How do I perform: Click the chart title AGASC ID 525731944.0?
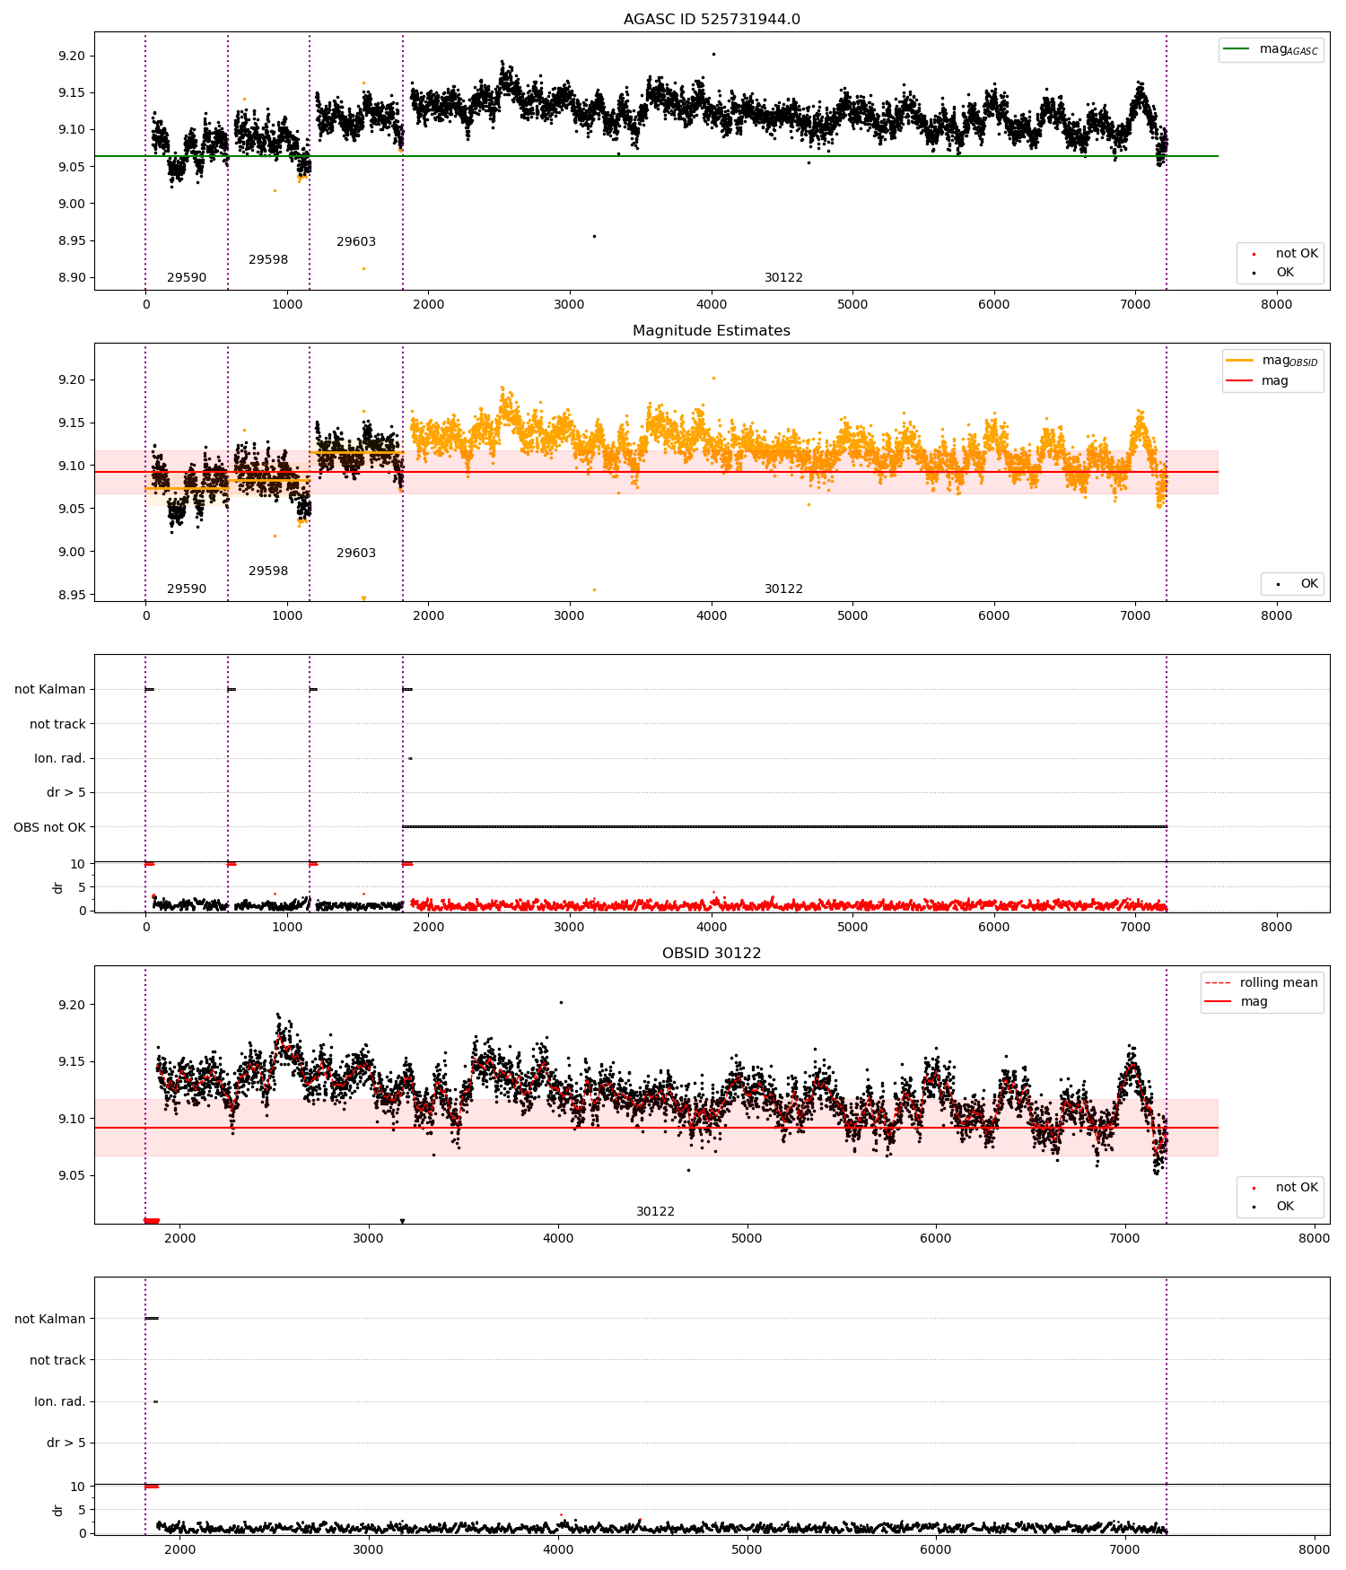tap(712, 20)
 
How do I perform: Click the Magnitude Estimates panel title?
tap(712, 331)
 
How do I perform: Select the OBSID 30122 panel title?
tap(712, 954)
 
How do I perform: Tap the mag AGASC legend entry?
tap(1288, 49)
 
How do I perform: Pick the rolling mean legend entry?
tap(1279, 983)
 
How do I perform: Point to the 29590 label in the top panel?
tap(187, 278)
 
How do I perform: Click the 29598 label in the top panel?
tap(268, 260)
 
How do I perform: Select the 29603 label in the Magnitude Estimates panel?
tap(356, 554)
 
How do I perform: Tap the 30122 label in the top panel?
tap(783, 278)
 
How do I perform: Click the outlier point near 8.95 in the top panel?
tap(594, 236)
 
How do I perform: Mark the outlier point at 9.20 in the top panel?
tap(713, 54)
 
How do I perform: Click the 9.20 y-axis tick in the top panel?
tap(72, 56)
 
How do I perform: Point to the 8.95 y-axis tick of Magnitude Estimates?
tap(72, 595)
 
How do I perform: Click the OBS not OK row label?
tap(49, 827)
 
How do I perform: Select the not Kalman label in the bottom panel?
tap(49, 1319)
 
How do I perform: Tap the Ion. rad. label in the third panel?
tap(59, 759)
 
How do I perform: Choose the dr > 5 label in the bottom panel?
tap(66, 1443)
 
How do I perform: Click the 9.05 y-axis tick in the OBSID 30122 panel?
tap(72, 1175)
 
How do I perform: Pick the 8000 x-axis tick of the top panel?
tap(1276, 304)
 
